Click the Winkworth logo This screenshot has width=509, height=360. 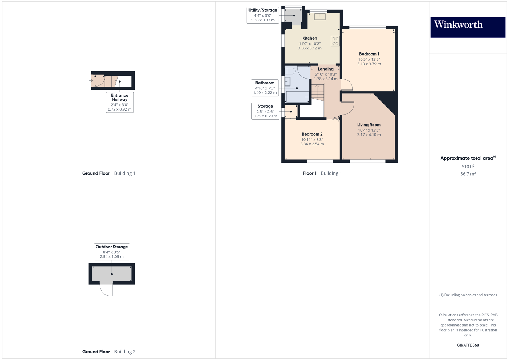468,27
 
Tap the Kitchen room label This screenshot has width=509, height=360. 310,39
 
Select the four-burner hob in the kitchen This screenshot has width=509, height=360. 335,41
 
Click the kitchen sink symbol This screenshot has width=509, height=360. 320,16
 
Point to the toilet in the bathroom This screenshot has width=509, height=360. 290,71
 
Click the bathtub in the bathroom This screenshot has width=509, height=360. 298,97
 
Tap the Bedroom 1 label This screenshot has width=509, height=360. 369,54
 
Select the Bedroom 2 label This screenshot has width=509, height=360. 312,134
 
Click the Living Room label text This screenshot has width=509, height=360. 369,125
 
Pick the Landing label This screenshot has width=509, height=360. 326,69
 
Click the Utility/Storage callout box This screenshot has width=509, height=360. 263,15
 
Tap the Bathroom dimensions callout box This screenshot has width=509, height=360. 265,88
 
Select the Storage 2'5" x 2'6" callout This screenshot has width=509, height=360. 265,111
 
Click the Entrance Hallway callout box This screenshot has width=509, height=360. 120,102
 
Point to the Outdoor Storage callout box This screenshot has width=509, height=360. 112,252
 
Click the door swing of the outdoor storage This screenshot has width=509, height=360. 107,290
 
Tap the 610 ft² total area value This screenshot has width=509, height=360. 468,167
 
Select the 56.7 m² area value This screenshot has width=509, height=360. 468,174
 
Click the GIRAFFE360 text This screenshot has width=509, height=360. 468,345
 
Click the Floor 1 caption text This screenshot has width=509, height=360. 310,173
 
